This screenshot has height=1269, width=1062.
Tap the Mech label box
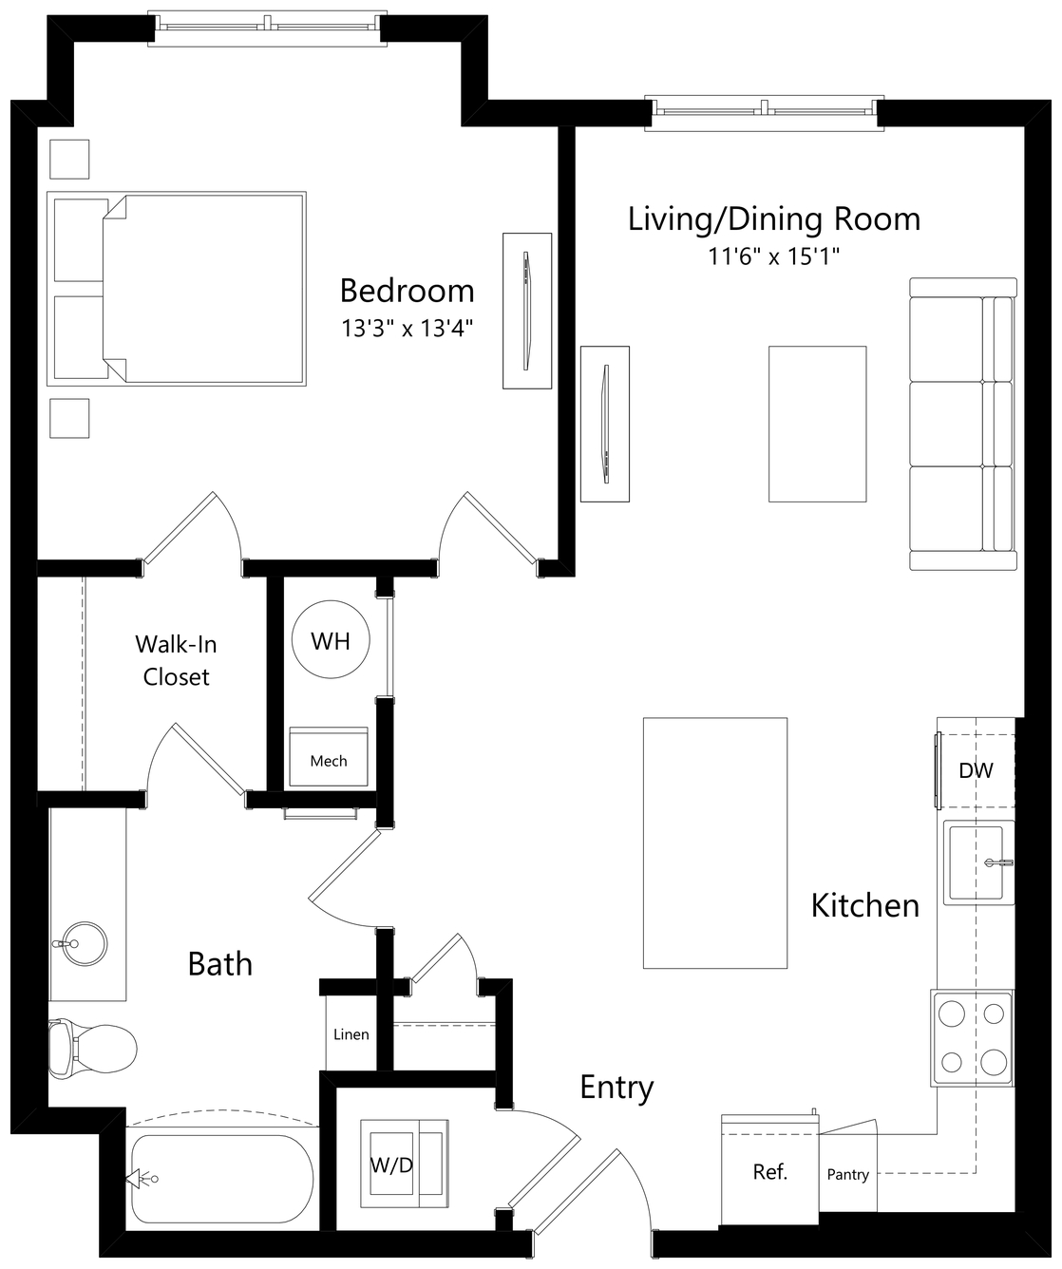point(329,760)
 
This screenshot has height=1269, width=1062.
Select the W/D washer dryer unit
point(405,1164)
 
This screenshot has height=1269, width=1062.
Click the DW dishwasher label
point(975,770)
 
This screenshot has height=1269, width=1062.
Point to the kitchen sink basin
point(977,862)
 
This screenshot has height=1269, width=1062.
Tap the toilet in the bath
point(92,1050)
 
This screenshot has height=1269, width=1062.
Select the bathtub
point(222,1179)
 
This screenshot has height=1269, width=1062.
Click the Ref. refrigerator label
point(769,1172)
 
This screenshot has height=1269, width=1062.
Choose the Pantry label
point(847,1175)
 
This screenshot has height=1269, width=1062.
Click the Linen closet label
point(351,1033)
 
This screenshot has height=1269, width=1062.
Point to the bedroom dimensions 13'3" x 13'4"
point(407,329)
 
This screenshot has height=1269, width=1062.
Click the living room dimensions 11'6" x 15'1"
point(773,256)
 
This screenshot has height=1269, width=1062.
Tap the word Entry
point(616,1088)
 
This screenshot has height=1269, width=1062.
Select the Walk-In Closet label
point(176,660)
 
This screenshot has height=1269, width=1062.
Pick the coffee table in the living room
point(817,424)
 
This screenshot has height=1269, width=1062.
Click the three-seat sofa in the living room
point(963,424)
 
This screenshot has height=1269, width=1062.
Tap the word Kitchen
point(864,905)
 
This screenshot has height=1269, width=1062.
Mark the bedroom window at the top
point(268,28)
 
